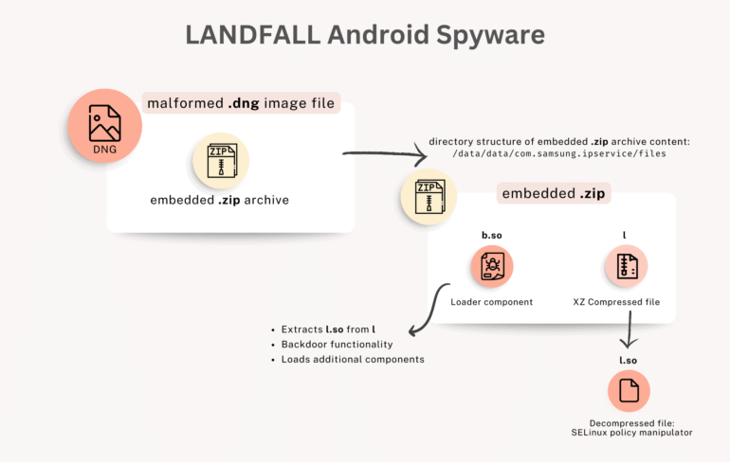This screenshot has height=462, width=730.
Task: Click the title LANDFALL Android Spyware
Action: [365, 35]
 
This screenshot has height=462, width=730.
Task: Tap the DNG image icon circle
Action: [104, 128]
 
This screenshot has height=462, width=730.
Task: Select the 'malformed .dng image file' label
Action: [241, 103]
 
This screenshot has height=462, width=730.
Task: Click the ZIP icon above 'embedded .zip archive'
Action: [221, 159]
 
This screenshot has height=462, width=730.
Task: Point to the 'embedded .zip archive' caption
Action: [219, 200]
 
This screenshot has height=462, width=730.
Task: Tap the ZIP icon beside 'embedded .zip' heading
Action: [429, 196]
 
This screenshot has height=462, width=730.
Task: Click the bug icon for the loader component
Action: [491, 266]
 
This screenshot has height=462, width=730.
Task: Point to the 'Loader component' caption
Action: [491, 302]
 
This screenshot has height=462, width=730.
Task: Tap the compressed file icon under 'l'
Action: [626, 266]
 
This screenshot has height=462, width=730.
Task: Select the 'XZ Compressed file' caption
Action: [626, 302]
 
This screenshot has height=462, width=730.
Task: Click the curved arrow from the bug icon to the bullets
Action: [427, 308]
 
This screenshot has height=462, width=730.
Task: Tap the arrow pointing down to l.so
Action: [628, 332]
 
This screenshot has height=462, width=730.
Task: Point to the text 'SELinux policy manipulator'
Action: [628, 433]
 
